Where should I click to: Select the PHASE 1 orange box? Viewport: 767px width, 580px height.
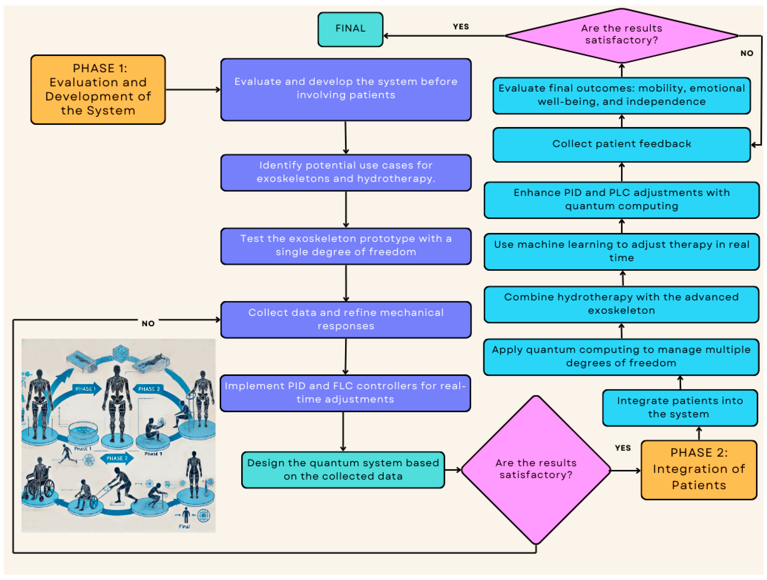coord(98,89)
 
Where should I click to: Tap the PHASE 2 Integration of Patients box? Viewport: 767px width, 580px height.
coord(699,470)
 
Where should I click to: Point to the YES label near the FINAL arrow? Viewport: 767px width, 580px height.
coord(461,27)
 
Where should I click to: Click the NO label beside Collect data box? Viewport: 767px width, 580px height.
coord(148,323)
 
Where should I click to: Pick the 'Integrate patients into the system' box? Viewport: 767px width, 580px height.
coord(680,408)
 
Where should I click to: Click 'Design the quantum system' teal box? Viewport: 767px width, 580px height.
coord(343,470)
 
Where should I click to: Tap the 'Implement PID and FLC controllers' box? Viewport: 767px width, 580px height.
coord(345,393)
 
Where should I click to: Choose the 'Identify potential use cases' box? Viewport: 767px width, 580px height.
coord(346,172)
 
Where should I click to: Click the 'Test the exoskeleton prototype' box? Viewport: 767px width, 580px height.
coord(346,246)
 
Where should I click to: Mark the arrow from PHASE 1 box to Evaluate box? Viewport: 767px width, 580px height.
coord(193,90)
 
